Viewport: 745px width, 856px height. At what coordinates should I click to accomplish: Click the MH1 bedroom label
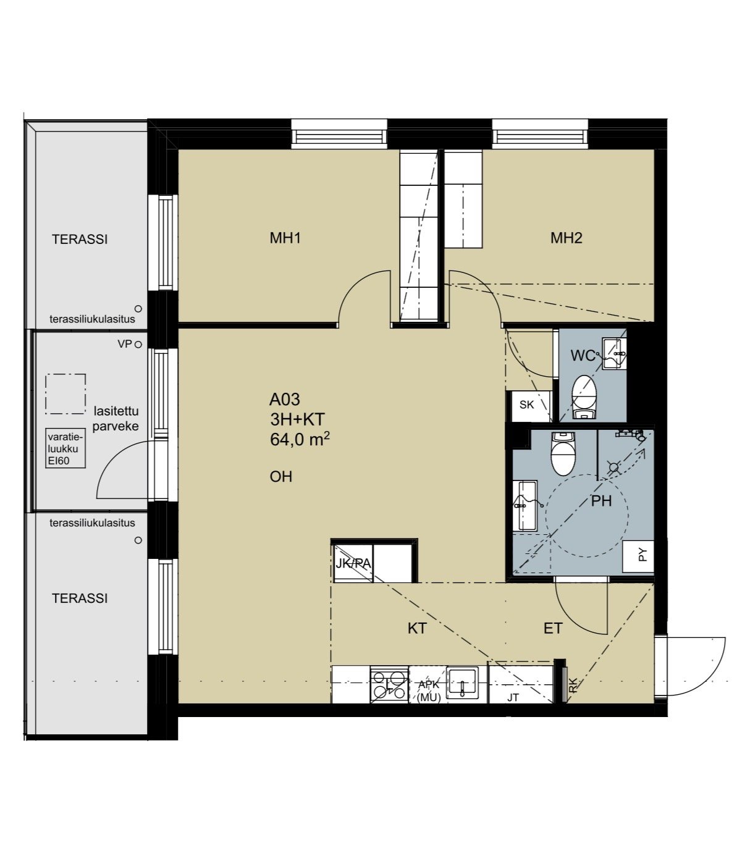285,238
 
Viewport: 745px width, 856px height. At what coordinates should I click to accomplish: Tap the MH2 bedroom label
566,238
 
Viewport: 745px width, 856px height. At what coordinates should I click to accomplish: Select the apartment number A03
284,400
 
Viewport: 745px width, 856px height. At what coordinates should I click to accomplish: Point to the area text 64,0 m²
300,440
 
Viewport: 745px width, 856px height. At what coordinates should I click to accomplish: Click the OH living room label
280,477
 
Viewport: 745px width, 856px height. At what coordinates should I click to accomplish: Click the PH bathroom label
601,501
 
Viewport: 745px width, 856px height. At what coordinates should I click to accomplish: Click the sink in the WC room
614,353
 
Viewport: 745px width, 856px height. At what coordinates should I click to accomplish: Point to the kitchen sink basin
462,684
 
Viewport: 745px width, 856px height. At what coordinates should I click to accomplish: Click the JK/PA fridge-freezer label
353,563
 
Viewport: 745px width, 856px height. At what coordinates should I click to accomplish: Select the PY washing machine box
638,556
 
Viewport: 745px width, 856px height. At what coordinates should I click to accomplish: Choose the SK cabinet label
527,405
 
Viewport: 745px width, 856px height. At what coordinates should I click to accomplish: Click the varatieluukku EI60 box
65,448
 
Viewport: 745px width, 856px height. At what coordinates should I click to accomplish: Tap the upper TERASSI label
80,239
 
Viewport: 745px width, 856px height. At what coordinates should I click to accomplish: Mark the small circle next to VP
138,345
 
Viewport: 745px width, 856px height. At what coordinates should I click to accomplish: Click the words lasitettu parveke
116,419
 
